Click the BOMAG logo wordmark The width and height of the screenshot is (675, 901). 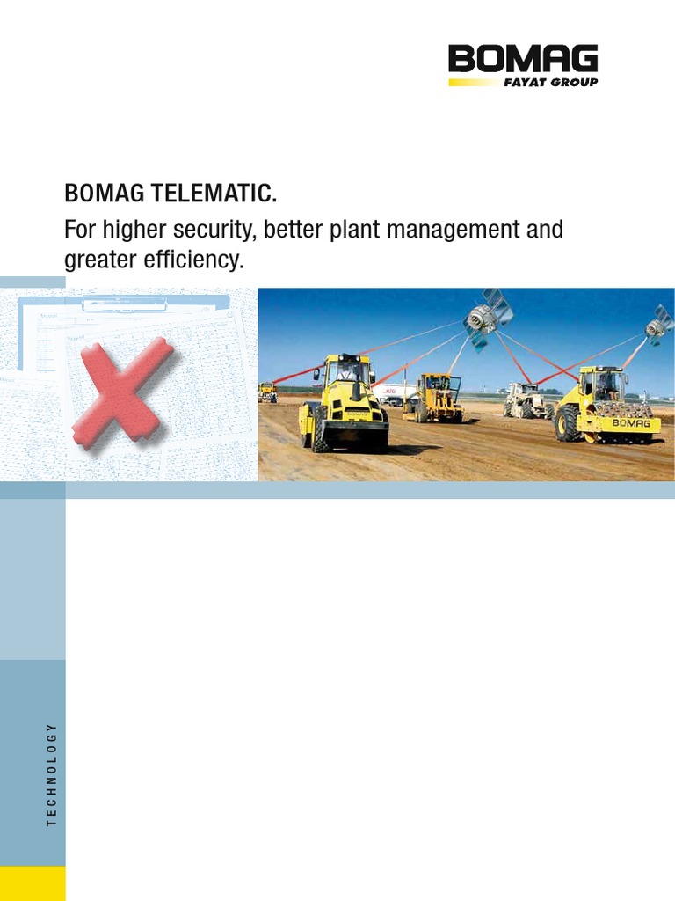tap(523, 60)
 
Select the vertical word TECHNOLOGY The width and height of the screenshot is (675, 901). tap(51, 774)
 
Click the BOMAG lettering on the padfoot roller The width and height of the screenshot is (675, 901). tap(630, 423)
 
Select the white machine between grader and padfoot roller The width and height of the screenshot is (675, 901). tap(525, 400)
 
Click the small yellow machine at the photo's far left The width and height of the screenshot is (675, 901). tap(267, 392)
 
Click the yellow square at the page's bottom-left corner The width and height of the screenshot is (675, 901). tap(33, 883)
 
